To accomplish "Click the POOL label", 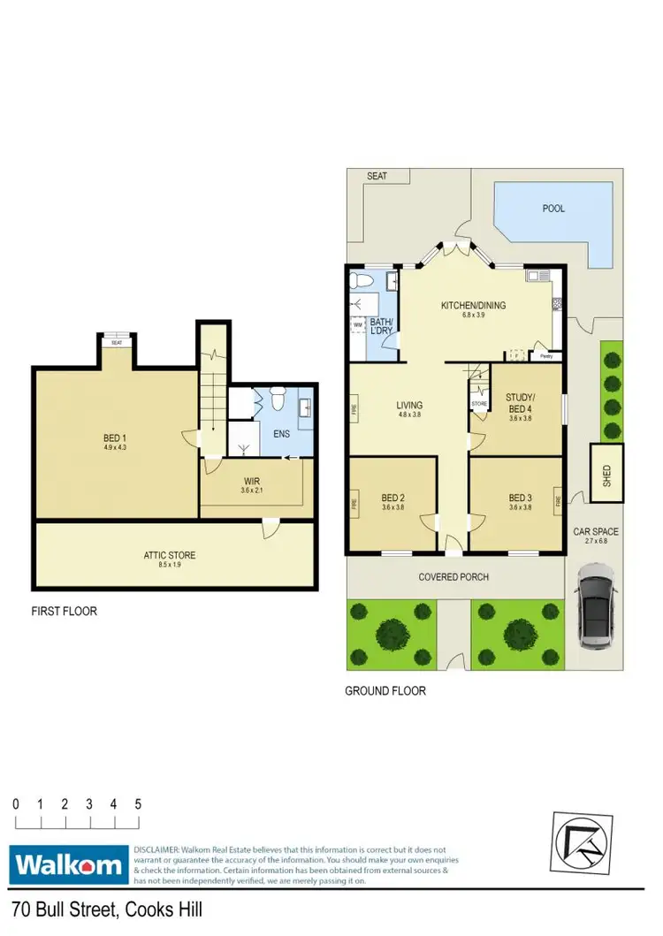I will [x=554, y=209].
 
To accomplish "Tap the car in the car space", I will [x=595, y=612].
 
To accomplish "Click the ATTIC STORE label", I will [x=171, y=555].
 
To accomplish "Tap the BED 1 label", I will [x=112, y=437].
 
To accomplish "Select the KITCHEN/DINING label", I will [x=474, y=306].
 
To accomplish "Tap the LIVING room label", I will [x=409, y=406].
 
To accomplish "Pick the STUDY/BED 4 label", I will [x=521, y=403].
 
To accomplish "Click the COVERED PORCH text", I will [x=453, y=577].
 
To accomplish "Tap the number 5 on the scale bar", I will [x=138, y=804].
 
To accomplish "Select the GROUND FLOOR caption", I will [x=385, y=690].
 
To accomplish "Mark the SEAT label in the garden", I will [x=377, y=176].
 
